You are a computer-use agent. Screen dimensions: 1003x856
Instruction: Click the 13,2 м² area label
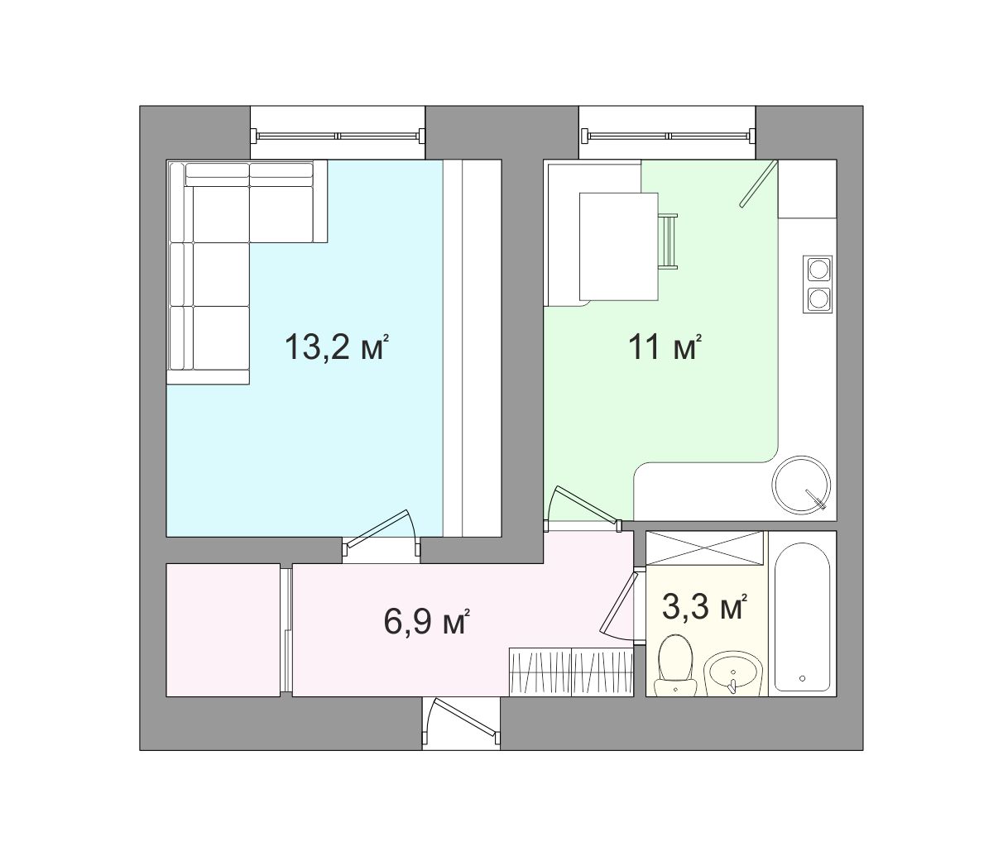coord(337,347)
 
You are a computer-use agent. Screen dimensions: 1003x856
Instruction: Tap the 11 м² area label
coord(665,347)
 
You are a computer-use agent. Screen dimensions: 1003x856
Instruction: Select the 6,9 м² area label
coord(426,621)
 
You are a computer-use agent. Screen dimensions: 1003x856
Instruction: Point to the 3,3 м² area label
coord(704,607)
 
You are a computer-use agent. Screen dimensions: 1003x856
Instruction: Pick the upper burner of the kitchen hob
coord(818,269)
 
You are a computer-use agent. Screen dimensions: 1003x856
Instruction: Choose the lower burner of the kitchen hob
coord(818,298)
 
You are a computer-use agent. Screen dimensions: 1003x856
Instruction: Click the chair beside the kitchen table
coord(668,241)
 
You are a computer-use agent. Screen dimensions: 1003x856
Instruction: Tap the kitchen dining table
coord(619,246)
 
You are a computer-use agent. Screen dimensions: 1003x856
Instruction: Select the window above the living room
coord(338,136)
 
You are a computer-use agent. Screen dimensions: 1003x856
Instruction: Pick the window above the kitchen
coord(668,136)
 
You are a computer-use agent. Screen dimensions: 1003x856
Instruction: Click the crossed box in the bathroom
coord(705,548)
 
